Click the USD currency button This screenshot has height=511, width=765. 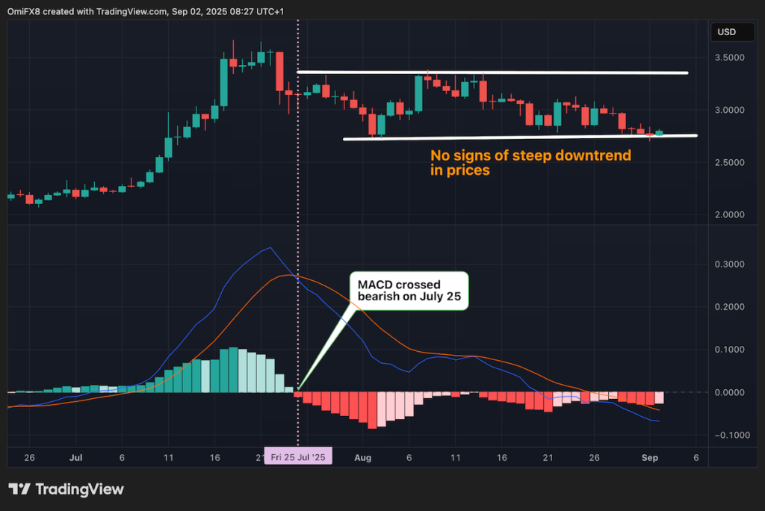pyautogui.click(x=726, y=32)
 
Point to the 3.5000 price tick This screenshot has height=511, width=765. pyautogui.click(x=728, y=58)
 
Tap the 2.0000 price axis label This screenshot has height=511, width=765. pyautogui.click(x=728, y=214)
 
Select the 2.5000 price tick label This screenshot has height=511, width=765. pyautogui.click(x=728, y=162)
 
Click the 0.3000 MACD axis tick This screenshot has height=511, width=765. pyautogui.click(x=728, y=264)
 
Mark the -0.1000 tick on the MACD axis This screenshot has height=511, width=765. pyautogui.click(x=727, y=435)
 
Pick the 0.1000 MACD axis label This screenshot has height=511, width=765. pyautogui.click(x=728, y=350)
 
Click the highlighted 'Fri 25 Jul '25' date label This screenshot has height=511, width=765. pyautogui.click(x=298, y=456)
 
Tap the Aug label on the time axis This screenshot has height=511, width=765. pyautogui.click(x=362, y=456)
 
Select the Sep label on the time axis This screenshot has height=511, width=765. pyautogui.click(x=648, y=456)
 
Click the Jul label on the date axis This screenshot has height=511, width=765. pyautogui.click(x=75, y=456)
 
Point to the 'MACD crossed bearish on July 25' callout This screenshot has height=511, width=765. pyautogui.click(x=408, y=291)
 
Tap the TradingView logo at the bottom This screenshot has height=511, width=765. pyautogui.click(x=66, y=489)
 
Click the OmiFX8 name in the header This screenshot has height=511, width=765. pyautogui.click(x=25, y=10)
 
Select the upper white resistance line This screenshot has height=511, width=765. pyautogui.click(x=493, y=72)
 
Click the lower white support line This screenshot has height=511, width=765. pyautogui.click(x=520, y=137)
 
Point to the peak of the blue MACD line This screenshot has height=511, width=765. pyautogui.click(x=269, y=248)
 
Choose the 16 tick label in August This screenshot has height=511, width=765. pyautogui.click(x=502, y=456)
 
